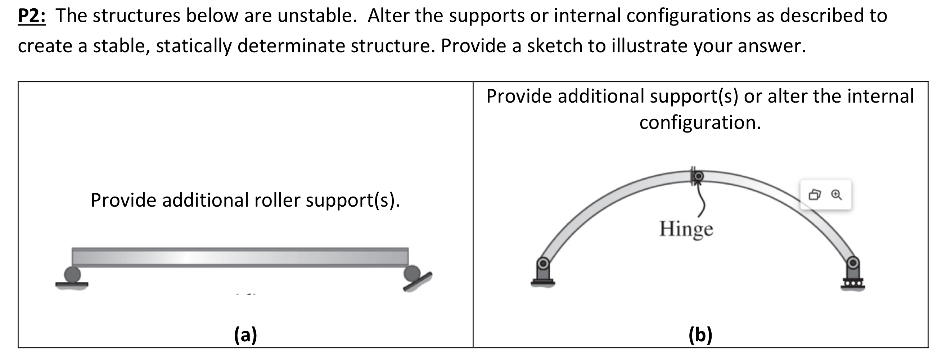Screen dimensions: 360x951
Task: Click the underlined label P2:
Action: coord(32,16)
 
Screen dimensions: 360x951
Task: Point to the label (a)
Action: coord(245,335)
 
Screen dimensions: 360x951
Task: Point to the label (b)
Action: coord(700,335)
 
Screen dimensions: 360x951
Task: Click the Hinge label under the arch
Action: coord(686,229)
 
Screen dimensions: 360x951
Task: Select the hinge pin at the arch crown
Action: coord(698,176)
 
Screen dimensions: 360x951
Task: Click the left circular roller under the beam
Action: coord(72,274)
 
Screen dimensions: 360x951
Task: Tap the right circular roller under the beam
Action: coord(412,274)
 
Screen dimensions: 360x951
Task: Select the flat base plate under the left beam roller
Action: coord(72,285)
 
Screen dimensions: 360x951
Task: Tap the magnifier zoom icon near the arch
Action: coord(837,195)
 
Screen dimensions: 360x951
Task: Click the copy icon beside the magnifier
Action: coord(815,195)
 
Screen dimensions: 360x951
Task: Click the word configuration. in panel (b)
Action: coord(700,123)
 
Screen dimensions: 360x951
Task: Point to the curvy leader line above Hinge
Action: coord(701,201)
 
